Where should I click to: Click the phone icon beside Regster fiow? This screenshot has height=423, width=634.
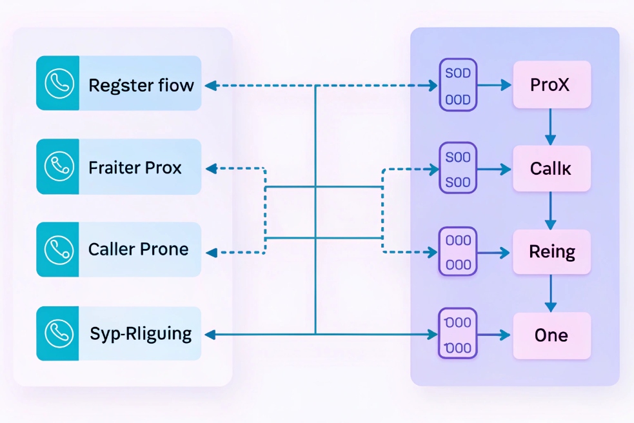point(57,83)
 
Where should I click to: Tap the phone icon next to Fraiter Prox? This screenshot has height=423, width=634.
point(57,166)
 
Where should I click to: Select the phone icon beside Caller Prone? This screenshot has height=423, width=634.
point(57,250)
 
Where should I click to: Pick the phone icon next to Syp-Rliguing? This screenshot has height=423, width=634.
point(57,333)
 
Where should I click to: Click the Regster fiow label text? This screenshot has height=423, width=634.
point(141,84)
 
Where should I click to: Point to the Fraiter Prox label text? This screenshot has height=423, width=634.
point(135,168)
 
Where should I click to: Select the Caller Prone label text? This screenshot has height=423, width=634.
point(138,250)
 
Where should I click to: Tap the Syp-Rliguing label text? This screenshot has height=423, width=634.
point(141,334)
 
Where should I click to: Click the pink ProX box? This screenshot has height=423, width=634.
point(551,84)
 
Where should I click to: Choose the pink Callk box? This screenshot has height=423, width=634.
point(551,168)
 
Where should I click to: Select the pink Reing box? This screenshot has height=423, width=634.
point(551,251)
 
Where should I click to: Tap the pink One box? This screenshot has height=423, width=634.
point(551,335)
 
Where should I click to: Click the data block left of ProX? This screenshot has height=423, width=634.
point(458,84)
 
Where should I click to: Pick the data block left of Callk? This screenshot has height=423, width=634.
point(458,168)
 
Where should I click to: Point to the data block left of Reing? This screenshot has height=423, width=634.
point(458,251)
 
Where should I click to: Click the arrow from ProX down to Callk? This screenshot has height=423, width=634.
point(550,126)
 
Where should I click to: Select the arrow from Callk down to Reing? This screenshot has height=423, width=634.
point(550,210)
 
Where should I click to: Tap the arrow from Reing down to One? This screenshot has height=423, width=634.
point(550,293)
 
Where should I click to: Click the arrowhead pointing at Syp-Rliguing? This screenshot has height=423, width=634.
point(210,334)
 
